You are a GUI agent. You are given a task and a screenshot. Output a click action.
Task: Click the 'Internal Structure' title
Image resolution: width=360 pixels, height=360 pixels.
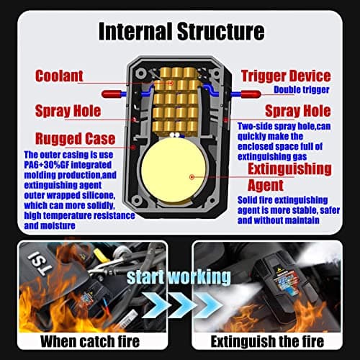coord(181,32)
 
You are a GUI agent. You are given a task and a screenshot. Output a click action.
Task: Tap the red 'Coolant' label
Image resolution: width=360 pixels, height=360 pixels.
coord(59,76)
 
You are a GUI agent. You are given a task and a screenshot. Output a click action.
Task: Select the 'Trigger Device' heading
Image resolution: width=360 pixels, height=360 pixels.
coord(286,76)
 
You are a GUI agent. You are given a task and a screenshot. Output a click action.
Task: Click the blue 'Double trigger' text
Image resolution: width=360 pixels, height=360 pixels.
coord(302,89)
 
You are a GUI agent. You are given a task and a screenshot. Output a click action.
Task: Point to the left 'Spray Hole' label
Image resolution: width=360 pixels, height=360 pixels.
coord(68,111)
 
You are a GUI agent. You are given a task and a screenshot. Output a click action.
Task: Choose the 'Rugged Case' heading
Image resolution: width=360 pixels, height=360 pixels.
coord(76,138)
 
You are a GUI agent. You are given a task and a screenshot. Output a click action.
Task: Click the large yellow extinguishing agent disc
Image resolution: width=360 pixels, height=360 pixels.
coord(174,171)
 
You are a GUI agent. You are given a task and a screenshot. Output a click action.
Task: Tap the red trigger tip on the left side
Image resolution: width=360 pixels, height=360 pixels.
coord(111,94)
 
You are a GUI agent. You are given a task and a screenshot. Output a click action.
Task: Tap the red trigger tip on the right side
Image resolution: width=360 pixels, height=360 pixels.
coord(251,94)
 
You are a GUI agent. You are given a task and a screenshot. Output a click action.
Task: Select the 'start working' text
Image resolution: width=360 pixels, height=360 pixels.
coord(179,277)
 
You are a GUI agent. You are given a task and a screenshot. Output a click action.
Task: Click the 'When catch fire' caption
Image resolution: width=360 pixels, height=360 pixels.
coord(90,341)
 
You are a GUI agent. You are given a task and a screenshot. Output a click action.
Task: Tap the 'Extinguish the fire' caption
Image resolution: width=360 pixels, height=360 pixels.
coord(267,341)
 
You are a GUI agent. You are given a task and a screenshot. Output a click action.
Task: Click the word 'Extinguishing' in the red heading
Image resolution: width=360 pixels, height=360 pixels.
coord(289,169)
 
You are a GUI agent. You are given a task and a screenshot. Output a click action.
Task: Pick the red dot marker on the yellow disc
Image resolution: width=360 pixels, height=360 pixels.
coord(192,177)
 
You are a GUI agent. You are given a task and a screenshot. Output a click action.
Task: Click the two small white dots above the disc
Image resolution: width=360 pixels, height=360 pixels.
coord(174,135)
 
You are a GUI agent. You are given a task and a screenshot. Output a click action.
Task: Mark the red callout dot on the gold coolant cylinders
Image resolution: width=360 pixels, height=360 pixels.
coord(171,84)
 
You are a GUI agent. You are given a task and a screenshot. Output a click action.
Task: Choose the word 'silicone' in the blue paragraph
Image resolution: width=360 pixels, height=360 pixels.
coord(99,195)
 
